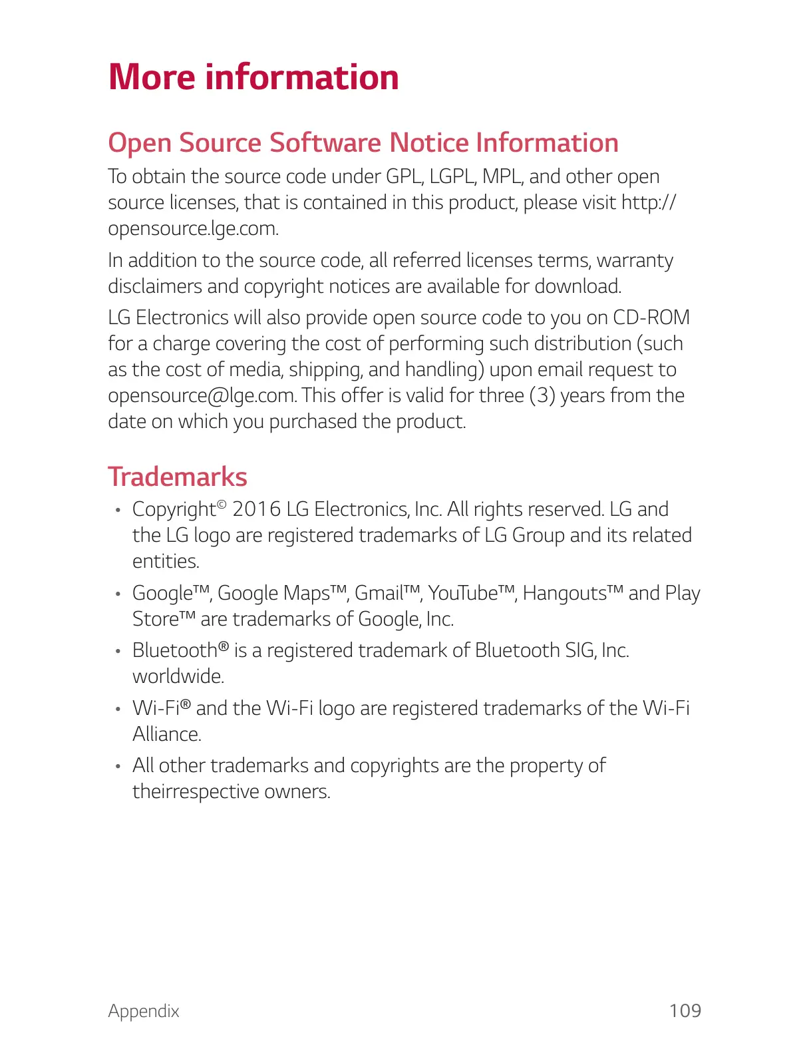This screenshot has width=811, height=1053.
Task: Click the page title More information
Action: tap(253, 77)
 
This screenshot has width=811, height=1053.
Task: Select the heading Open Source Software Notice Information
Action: tap(363, 143)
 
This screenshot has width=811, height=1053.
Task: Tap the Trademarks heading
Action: tap(178, 477)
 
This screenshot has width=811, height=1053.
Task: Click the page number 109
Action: tap(685, 1010)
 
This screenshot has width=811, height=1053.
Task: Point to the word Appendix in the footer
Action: tap(144, 1011)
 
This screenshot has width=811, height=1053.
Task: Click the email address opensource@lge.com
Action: tap(202, 395)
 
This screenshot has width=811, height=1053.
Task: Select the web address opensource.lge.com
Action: tap(193, 228)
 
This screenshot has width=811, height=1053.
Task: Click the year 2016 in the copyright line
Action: tap(256, 509)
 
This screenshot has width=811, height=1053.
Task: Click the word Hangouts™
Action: tap(573, 592)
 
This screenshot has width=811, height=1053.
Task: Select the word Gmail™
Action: tap(388, 592)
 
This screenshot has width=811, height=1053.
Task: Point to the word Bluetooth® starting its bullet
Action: tap(180, 650)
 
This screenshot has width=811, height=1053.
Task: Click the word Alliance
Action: tap(166, 734)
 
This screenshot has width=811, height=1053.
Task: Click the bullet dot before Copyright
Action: tap(117, 511)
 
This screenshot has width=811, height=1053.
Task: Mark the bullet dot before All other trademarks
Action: tap(117, 767)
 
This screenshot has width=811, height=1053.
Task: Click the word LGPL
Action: tap(453, 177)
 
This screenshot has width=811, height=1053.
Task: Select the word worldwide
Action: tap(178, 676)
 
